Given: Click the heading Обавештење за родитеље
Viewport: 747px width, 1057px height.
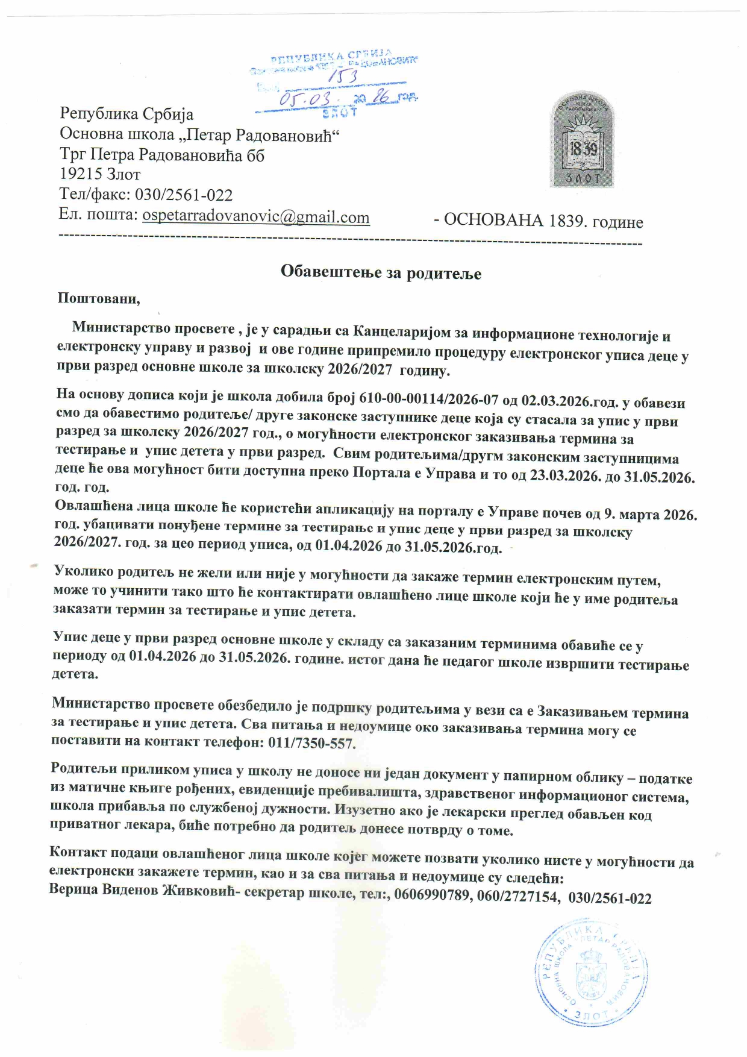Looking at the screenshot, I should coord(381,272).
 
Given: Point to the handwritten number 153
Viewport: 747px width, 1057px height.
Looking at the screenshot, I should coord(344,77).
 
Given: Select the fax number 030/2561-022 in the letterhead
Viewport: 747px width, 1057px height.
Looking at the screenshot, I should coord(184,195).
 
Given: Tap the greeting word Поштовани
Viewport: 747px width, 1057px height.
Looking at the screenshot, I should coord(99,298).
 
